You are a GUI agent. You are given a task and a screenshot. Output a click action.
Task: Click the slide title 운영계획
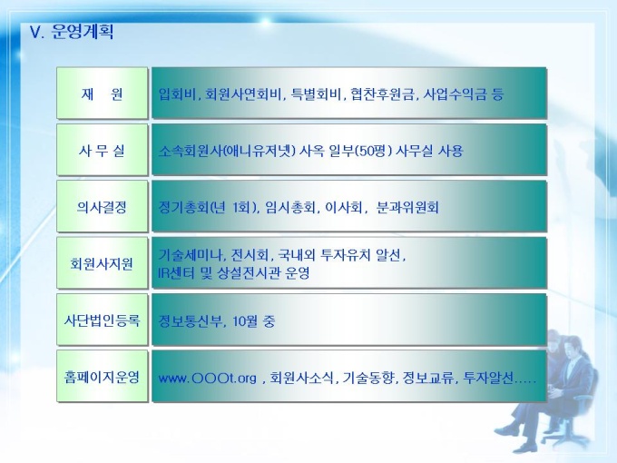point(83,32)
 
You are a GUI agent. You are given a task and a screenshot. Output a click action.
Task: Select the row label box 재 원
point(103,94)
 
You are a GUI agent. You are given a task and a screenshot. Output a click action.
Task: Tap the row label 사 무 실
point(103,150)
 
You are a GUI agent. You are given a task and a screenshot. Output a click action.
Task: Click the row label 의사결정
point(103,207)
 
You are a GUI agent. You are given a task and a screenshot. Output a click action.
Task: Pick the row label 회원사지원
point(103,263)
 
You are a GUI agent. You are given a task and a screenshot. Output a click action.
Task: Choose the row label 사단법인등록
point(103,320)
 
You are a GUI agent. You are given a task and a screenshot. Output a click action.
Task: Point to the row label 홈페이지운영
point(103,377)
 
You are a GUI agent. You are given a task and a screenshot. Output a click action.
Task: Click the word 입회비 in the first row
point(177,94)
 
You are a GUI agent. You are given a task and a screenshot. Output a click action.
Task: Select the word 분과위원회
point(407,207)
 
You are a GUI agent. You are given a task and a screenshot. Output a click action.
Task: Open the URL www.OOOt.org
point(208,379)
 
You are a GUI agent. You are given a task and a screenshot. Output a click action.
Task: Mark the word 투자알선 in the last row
point(488,378)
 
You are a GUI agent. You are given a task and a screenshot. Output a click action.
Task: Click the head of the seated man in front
point(572,349)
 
